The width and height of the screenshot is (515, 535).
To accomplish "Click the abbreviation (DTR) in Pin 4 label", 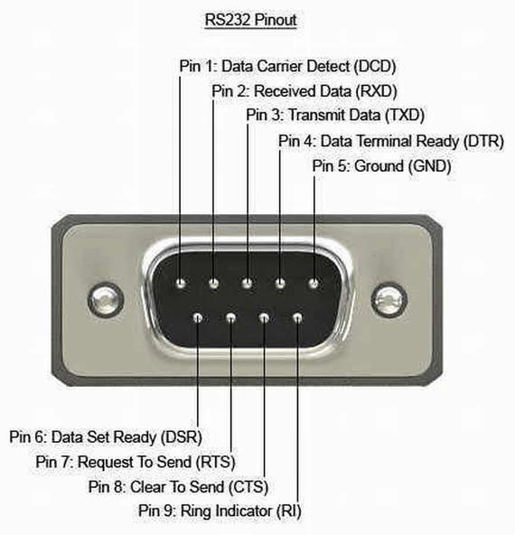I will click(482, 142).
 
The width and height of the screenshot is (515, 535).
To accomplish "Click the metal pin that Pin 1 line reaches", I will click(181, 285).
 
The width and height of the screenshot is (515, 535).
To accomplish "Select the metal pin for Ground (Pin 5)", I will click(314, 285).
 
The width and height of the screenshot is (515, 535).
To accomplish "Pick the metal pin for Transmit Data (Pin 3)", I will click(247, 285).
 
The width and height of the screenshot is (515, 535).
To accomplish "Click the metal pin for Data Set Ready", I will click(198, 317).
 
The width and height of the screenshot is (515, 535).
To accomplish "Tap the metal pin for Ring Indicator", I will click(297, 317).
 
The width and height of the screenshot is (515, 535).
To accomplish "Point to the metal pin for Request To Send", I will click(231, 317).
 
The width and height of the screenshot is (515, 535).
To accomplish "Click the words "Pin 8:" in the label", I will click(108, 486).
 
